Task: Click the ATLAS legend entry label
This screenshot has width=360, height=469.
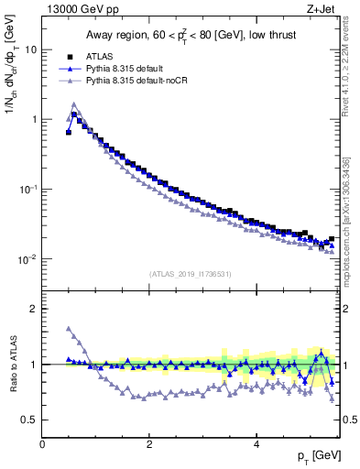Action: click(101, 56)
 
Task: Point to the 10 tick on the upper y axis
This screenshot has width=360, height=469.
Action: click(30, 49)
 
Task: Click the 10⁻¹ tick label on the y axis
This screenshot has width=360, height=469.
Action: click(27, 189)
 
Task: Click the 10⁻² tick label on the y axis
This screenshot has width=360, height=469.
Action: click(27, 259)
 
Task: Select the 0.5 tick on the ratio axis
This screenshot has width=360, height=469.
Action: click(29, 420)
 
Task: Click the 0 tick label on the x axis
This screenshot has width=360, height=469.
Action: click(42, 444)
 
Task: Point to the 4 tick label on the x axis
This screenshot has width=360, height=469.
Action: click(256, 444)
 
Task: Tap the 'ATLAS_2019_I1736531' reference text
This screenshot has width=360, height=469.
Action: click(190, 273)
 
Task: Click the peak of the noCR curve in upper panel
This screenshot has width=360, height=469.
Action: click(74, 104)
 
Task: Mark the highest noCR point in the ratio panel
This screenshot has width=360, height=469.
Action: click(69, 329)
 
